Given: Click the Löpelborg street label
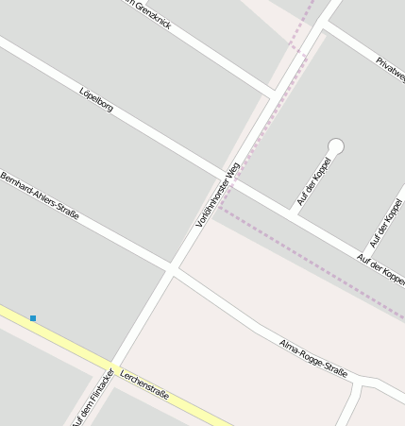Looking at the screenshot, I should [x=97, y=100].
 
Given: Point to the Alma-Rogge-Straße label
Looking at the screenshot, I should [x=313, y=358].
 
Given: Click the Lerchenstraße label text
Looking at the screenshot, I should [x=144, y=383].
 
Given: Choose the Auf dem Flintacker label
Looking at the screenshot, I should [x=93, y=397].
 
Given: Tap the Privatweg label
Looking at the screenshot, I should [x=390, y=71].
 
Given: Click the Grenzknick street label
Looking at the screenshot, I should [x=151, y=15].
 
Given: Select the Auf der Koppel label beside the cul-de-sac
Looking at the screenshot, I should [x=314, y=181].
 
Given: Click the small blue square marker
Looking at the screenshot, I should [x=33, y=318].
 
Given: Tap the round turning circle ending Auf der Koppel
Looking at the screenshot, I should [x=335, y=146].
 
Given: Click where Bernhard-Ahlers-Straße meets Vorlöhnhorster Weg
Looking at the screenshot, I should [x=172, y=270].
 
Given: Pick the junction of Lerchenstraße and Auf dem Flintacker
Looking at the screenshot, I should [x=110, y=369].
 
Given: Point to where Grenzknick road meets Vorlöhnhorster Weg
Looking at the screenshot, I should [x=274, y=96].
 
